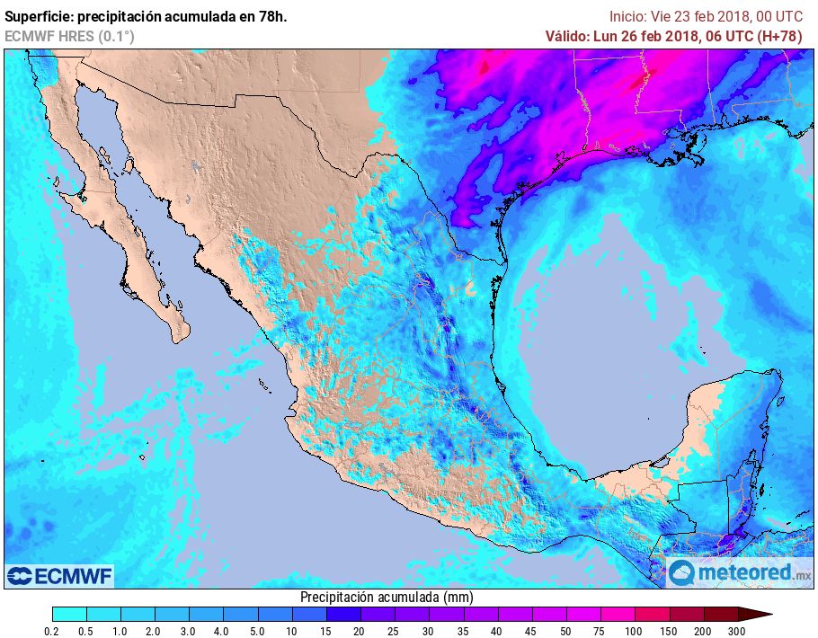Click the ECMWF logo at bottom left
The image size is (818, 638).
click(60, 575)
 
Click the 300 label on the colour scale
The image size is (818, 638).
click(736, 631)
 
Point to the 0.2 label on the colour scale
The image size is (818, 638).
click(53, 631)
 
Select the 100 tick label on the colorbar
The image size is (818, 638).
click(634, 631)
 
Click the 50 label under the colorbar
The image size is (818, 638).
click(565, 631)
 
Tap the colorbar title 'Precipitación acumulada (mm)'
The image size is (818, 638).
click(387, 597)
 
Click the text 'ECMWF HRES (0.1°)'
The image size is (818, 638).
click(69, 36)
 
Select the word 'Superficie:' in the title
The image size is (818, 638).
click(40, 16)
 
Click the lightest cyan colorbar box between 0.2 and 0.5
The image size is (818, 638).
click(69, 614)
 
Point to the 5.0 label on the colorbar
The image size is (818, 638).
click(258, 631)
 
